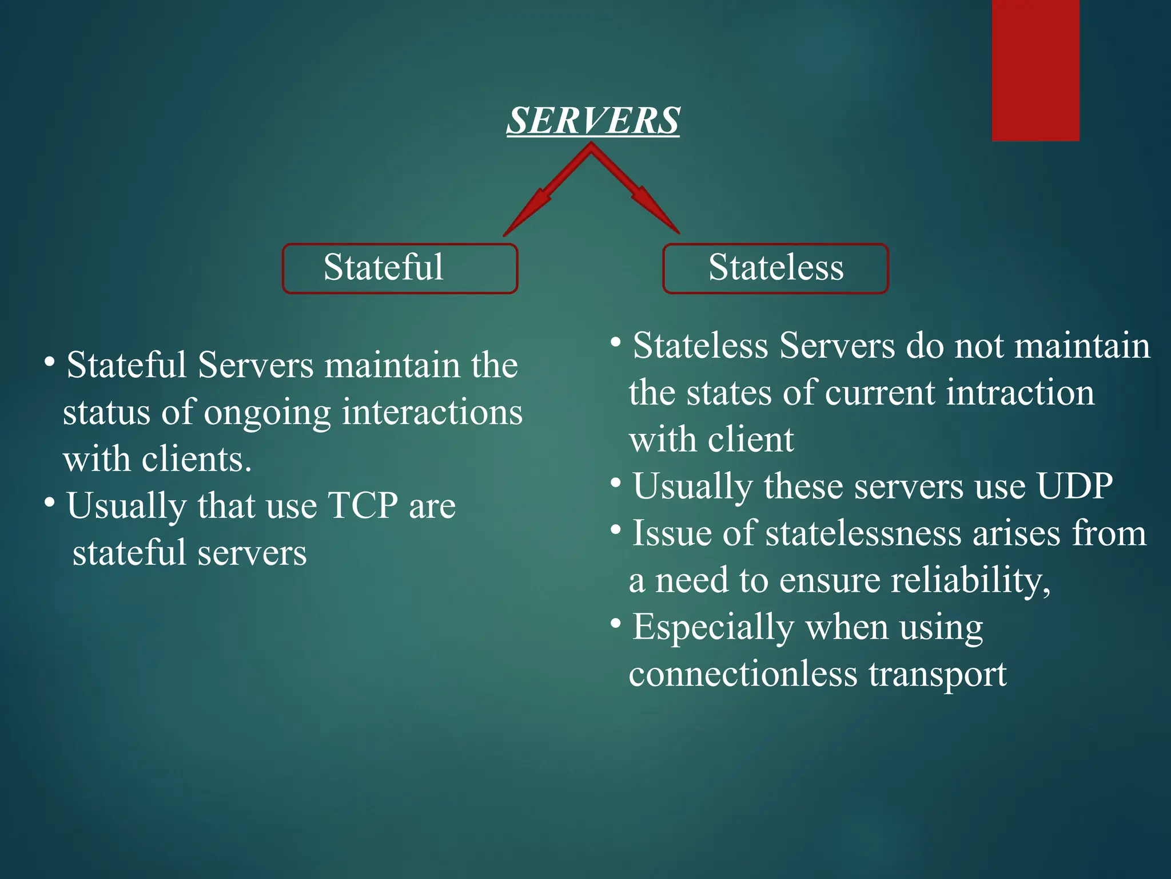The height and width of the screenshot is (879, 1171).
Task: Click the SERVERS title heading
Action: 593,121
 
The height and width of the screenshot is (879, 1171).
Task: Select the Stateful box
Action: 400,268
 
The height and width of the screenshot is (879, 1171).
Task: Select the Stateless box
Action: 775,268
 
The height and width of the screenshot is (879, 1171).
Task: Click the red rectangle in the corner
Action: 1035,70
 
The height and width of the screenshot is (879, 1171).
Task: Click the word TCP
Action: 363,506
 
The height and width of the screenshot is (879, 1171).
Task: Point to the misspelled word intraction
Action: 1020,393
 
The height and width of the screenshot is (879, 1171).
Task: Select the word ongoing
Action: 267,413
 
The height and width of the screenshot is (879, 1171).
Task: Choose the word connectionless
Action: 743,674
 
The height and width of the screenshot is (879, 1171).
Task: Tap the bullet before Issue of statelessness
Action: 615,530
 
